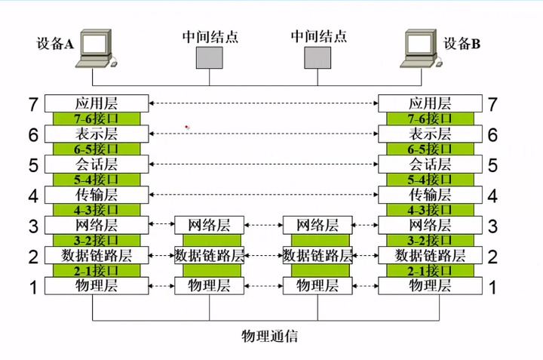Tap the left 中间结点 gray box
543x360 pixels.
[210, 57]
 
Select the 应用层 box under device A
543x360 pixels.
[97, 103]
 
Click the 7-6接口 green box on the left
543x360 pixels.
[97, 119]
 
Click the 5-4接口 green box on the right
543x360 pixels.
[430, 180]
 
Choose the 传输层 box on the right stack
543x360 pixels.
[430, 195]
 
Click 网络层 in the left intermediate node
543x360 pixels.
[210, 225]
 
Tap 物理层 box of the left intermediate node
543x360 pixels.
[210, 285]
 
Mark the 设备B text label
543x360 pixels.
[462, 43]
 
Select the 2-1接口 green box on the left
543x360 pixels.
[97, 270]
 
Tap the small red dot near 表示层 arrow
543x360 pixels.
[187, 126]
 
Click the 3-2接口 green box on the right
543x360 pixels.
[430, 240]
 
